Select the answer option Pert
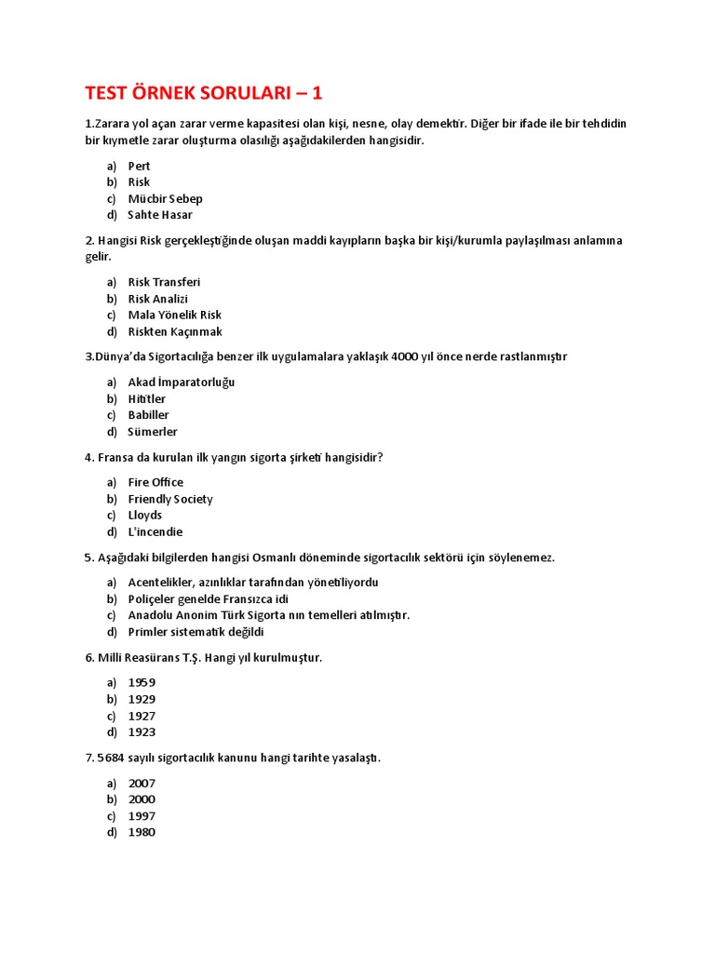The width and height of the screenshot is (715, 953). click(139, 166)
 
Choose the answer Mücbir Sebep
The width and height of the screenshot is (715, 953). click(165, 198)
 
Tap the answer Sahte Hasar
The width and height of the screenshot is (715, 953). click(160, 215)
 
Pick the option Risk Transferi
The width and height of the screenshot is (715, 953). click(164, 282)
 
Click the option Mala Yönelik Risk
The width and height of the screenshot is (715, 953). click(174, 315)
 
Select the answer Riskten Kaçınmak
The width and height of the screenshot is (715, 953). click(175, 331)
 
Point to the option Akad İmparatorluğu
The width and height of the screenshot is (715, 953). click(182, 383)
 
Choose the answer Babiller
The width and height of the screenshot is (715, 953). click(149, 415)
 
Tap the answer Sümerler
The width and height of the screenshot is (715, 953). click(153, 432)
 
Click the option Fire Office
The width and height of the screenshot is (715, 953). click(155, 482)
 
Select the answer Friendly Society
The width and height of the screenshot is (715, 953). click(170, 499)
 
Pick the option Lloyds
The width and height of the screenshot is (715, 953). click(145, 515)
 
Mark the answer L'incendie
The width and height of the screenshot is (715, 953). click(155, 532)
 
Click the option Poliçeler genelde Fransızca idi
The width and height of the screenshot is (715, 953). click(209, 598)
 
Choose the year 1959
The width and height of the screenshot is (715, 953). click(142, 682)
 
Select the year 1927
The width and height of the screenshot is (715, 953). click(142, 716)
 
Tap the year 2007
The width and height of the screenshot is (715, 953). click(142, 784)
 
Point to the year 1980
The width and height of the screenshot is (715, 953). click(142, 832)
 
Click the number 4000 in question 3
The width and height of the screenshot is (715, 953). click(407, 356)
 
